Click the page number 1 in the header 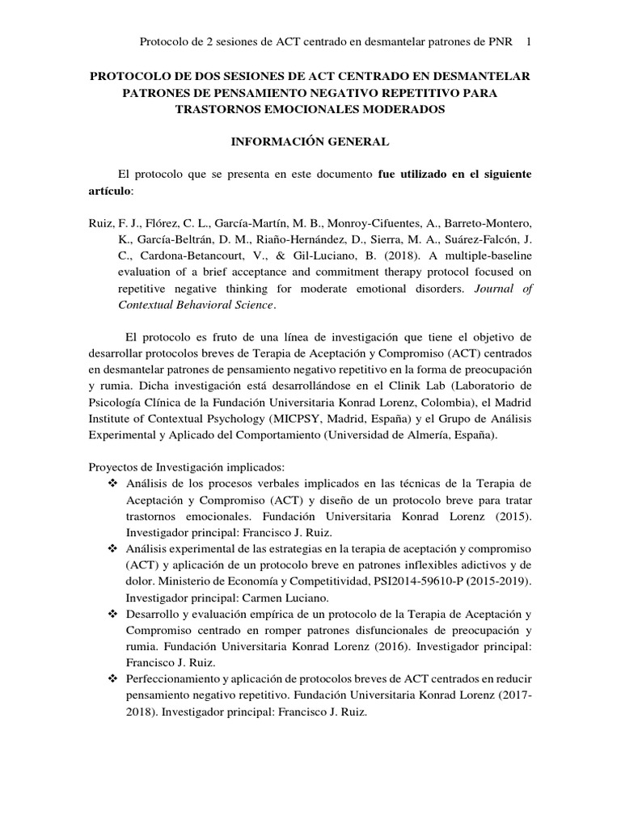pos(528,41)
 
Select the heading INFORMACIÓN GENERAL pos(310,142)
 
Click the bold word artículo pos(112,190)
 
